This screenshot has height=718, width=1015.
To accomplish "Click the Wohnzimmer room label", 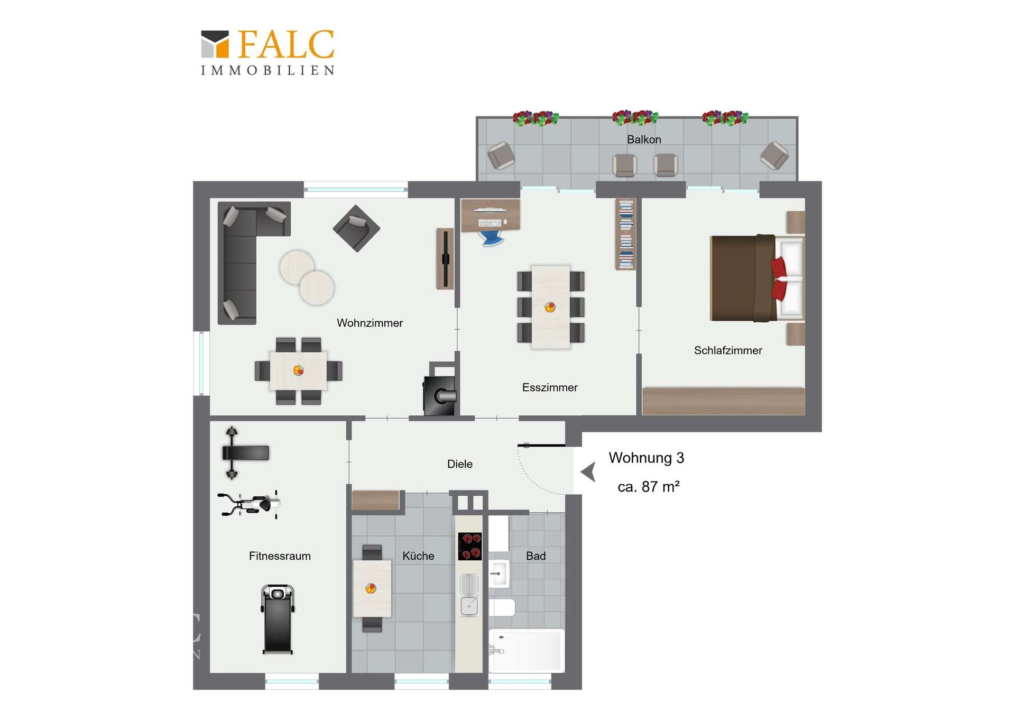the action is [370, 323].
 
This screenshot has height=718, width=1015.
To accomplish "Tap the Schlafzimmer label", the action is [728, 350].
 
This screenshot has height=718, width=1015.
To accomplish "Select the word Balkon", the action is [644, 139].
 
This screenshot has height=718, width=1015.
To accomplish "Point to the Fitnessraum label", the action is [280, 556].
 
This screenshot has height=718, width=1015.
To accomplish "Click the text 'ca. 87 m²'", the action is [649, 487].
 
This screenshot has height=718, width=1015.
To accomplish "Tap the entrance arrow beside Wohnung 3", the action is [588, 471].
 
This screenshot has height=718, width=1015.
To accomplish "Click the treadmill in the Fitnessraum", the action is [278, 619].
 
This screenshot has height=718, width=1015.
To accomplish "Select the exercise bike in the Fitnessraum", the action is [249, 504].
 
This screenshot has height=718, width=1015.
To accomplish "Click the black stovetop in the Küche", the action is [470, 547].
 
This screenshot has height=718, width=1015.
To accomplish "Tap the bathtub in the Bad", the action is [527, 650].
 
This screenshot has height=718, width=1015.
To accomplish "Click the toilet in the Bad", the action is [502, 607].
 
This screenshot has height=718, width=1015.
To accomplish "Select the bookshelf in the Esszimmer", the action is [626, 234].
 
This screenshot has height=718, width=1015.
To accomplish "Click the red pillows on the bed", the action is [779, 278].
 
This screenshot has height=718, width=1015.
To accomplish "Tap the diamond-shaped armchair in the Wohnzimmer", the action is [356, 229].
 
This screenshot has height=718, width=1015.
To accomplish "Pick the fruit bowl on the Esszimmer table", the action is [550, 307].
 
